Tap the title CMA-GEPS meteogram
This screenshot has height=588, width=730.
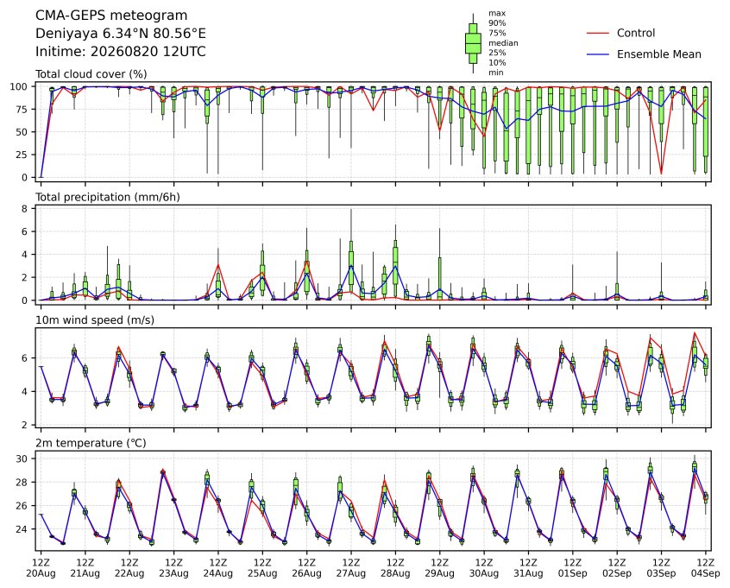point(111,16)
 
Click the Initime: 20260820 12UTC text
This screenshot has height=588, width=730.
point(121,51)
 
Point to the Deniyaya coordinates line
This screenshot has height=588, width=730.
point(121,34)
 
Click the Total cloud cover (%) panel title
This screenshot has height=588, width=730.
point(91,74)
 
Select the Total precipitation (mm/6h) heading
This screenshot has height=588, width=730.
point(108,197)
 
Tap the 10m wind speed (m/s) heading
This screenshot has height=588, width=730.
point(95,320)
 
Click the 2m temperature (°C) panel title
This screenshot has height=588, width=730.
point(91,443)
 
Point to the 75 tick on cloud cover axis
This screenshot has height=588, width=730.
point(22,109)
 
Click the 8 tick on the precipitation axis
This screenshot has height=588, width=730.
point(25,209)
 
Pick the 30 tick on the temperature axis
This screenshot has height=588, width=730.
point(22,459)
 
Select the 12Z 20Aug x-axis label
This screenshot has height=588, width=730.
point(41,568)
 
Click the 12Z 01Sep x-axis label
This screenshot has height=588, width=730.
point(573,568)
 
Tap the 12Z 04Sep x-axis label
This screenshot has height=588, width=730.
point(706,568)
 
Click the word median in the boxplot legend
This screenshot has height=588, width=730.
point(503,43)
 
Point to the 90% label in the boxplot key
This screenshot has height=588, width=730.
point(497,22)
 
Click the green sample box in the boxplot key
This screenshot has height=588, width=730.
point(473,43)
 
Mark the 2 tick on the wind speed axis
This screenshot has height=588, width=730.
point(25,425)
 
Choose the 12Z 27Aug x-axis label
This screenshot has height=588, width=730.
point(351,568)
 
